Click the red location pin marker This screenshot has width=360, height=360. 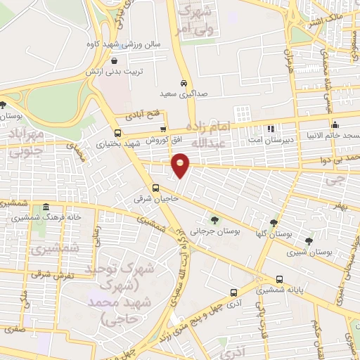[x=181, y=165]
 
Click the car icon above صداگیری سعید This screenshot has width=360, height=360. [x=184, y=82]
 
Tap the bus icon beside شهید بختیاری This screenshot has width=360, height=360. [x=117, y=132]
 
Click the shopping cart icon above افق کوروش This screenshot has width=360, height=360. [x=164, y=129]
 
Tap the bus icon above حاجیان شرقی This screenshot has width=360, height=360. [x=156, y=188]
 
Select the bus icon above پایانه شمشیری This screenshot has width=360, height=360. [x=281, y=278]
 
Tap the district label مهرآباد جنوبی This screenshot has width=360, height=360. [x=25, y=140]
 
